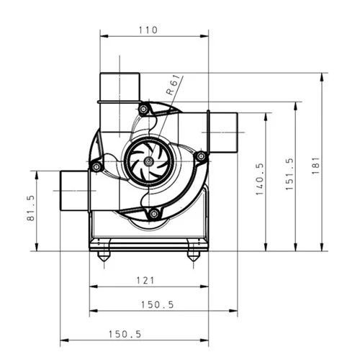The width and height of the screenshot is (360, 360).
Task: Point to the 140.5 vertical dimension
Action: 261,179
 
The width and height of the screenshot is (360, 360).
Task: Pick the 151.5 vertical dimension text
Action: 290,173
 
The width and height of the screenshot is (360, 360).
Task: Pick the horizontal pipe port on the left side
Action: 74,191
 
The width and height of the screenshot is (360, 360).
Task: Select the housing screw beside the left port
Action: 94,166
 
